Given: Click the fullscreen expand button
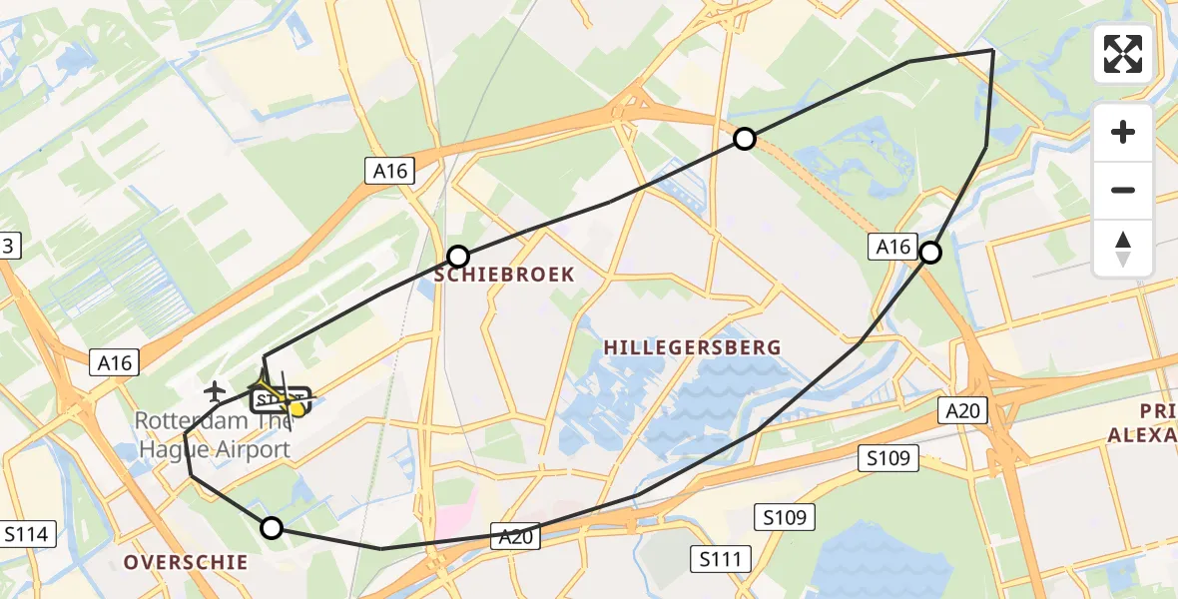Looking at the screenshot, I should click(x=1123, y=54).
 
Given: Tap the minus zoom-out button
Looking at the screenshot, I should click(x=1123, y=190).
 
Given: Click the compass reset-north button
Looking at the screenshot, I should click(x=1123, y=249).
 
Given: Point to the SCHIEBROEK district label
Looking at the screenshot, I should click(x=504, y=274).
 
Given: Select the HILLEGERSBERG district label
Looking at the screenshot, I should click(x=692, y=347).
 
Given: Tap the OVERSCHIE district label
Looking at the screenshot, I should click(x=186, y=563).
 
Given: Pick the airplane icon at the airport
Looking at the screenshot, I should click(x=215, y=389).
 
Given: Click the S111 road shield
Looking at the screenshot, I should click(x=721, y=558).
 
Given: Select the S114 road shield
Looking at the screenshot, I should click(x=26, y=534).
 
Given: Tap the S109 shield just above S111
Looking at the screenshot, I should click(x=788, y=517).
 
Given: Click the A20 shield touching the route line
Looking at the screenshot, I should click(x=516, y=537).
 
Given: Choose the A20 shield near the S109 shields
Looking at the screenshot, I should click(x=965, y=408).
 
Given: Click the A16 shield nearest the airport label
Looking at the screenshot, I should click(x=115, y=362).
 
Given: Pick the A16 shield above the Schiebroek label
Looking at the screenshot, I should click(x=390, y=171).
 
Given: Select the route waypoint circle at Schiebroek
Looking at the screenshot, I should click(x=458, y=256).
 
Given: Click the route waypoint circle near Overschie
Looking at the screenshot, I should click(x=271, y=528).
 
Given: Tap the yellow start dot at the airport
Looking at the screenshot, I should click(x=296, y=408).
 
